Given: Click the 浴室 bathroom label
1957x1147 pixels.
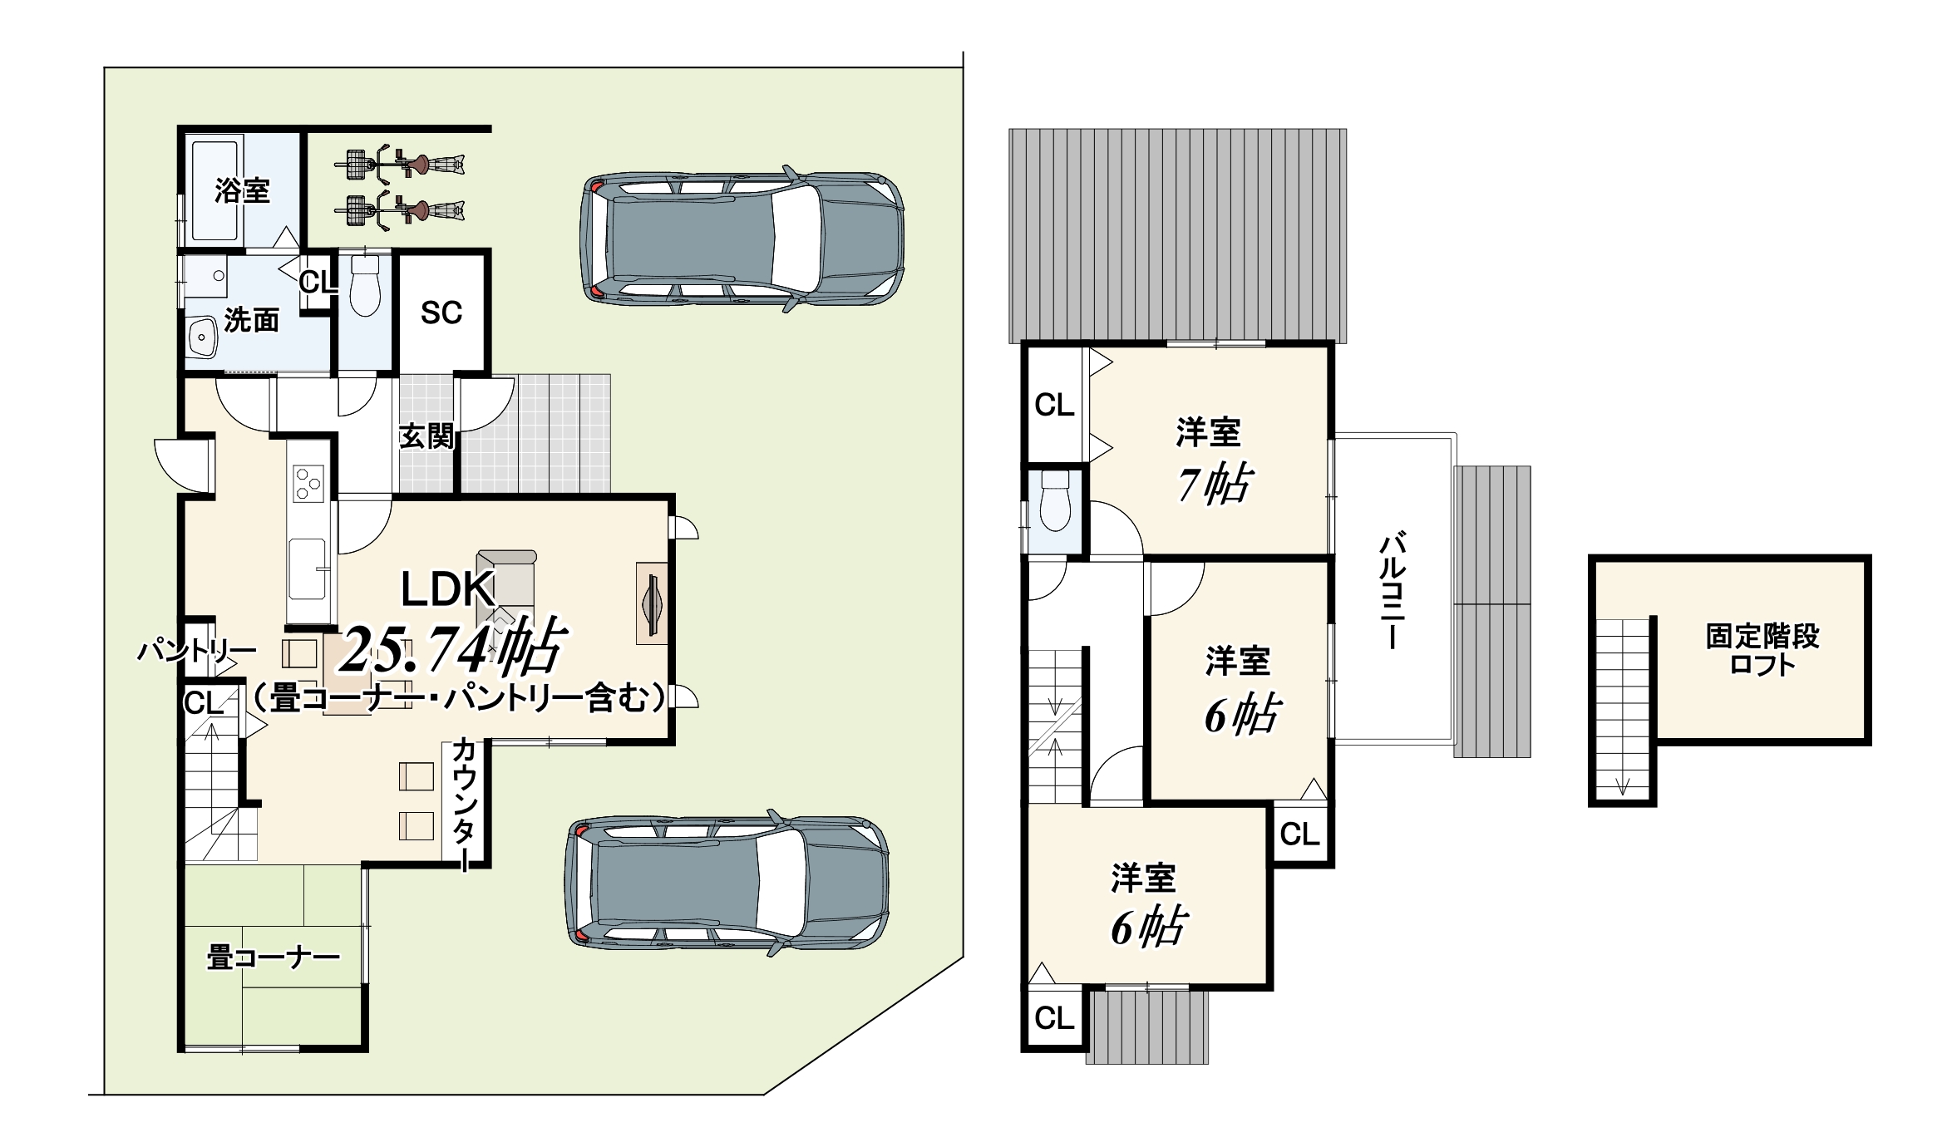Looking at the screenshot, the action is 242,190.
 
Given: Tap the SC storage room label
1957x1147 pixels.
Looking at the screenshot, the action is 441,313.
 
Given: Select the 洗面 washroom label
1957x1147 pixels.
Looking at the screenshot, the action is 251,320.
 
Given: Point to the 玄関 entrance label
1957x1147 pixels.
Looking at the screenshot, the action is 427,436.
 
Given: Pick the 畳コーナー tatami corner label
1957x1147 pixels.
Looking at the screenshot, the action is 274,958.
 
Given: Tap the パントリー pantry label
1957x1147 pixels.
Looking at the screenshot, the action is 196,651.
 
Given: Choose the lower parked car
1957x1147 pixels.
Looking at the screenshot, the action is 727,882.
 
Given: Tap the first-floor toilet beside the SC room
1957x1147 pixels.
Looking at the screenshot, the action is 364,286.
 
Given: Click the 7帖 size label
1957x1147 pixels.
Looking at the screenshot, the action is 1214,484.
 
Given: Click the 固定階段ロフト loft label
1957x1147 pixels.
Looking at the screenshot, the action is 1762,650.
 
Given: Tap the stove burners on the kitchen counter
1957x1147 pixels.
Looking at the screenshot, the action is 308,483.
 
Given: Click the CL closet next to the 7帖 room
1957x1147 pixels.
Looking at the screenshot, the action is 1054,406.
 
